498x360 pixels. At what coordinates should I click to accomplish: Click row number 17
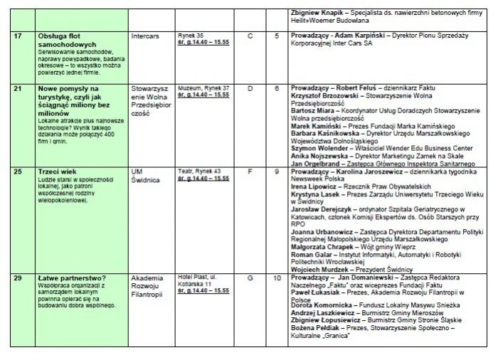point(18,35)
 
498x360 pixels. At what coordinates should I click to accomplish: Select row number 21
point(18,88)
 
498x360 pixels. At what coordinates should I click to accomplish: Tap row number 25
point(18,171)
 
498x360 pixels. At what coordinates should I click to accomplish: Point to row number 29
point(18,277)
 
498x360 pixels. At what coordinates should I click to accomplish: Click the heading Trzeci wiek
point(57,171)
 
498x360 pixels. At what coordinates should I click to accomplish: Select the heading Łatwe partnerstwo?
point(71,277)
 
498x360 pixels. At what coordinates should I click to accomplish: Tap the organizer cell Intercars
point(146,35)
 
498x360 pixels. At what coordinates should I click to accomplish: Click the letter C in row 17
point(250,35)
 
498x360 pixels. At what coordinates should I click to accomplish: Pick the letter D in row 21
point(250,88)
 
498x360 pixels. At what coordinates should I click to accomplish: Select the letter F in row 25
point(250,171)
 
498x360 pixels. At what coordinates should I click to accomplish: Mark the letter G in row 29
point(250,277)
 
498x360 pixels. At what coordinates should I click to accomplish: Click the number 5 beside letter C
point(277,35)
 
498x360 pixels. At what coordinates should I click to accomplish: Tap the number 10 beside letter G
point(277,277)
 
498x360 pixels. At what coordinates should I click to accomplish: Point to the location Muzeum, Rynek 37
point(203,88)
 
